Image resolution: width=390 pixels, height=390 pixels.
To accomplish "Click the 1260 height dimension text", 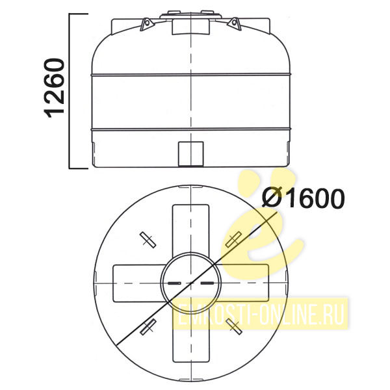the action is click(x=54, y=88).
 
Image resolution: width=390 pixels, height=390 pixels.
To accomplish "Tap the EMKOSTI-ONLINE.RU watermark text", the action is click(x=260, y=314).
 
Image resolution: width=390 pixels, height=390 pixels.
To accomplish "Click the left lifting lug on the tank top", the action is click(x=146, y=24).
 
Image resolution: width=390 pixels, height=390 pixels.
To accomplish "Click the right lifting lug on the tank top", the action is click(x=235, y=24).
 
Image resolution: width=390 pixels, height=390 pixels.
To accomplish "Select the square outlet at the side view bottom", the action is click(x=191, y=154).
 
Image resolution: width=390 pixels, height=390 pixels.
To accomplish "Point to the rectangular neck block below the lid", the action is click(x=190, y=27).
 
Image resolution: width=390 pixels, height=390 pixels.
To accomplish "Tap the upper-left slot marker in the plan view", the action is click(x=148, y=240).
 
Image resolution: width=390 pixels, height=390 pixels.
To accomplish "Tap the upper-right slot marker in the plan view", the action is click(x=233, y=239).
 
